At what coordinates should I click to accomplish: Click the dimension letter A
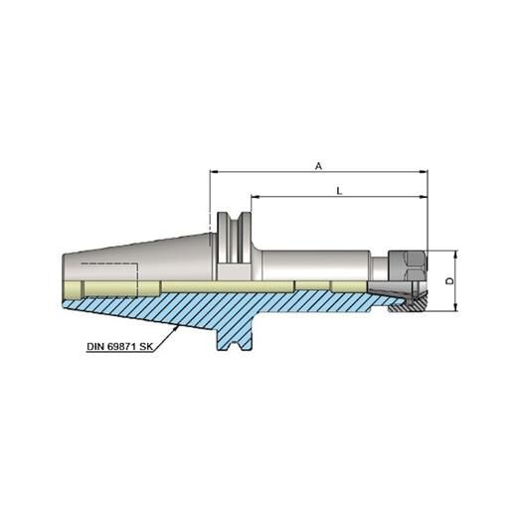point(318,166)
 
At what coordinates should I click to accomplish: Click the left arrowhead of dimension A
point(213,172)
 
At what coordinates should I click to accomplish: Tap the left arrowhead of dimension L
point(253,197)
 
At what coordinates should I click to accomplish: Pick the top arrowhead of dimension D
point(455,253)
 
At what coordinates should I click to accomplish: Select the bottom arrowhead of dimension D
point(455,308)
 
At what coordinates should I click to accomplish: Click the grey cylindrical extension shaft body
point(318,266)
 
